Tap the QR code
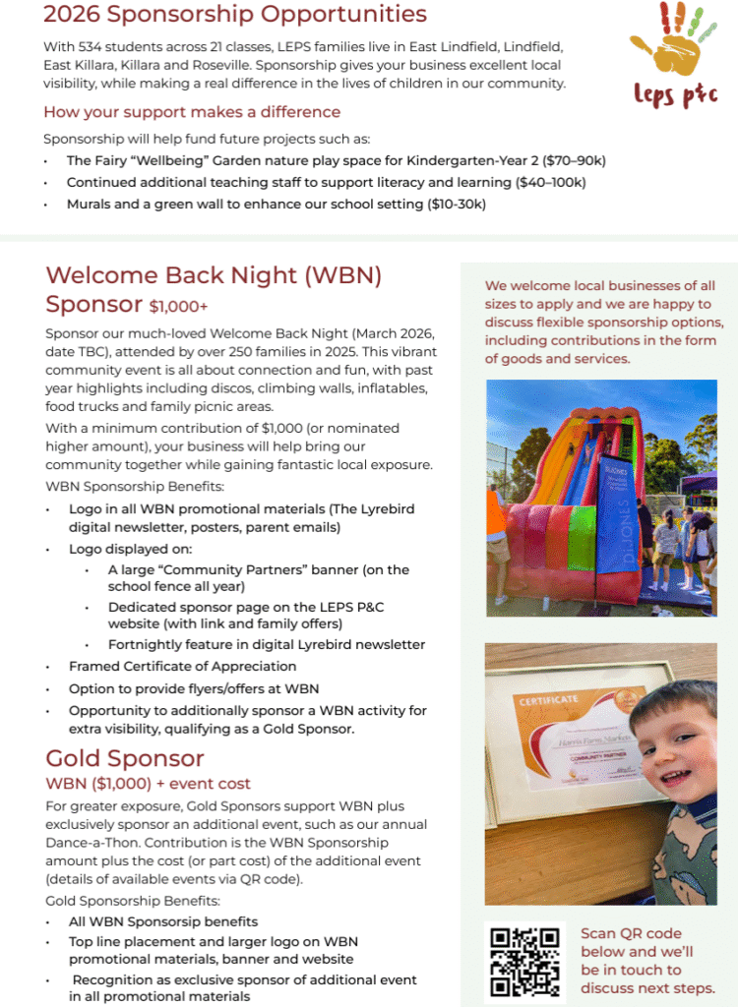[x=524, y=961]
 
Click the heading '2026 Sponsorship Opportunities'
[x=235, y=15]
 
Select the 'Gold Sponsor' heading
[x=125, y=758]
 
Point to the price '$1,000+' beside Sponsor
[x=179, y=306]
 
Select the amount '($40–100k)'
[x=550, y=182]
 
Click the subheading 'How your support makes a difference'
[x=192, y=111]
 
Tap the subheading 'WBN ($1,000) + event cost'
[x=149, y=784]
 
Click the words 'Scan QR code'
[x=631, y=933]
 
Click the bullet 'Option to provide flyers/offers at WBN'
[x=194, y=688]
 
